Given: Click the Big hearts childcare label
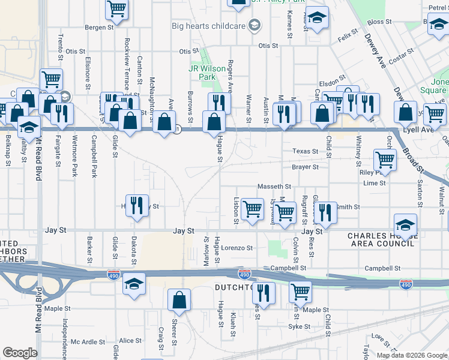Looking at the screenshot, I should pyautogui.click(x=208, y=26).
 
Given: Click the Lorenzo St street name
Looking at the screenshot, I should pyautogui.click(x=237, y=247).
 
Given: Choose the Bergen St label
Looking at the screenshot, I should pyautogui.click(x=99, y=28).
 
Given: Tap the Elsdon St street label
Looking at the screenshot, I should pyautogui.click(x=333, y=77).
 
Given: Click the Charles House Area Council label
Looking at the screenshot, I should pyautogui.click(x=382, y=239).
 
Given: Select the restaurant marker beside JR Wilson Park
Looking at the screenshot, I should pyautogui.click(x=219, y=103).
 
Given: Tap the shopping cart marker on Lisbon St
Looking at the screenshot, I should pyautogui.click(x=253, y=209).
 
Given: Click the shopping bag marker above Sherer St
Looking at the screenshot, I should pyautogui.click(x=179, y=300).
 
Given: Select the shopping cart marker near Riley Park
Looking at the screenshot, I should pyautogui.click(x=384, y=160).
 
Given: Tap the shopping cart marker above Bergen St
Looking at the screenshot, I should pyautogui.click(x=117, y=9).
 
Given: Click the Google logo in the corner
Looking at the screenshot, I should pyautogui.click(x=20, y=353).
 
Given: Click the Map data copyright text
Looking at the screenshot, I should pyautogui.click(x=412, y=355).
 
